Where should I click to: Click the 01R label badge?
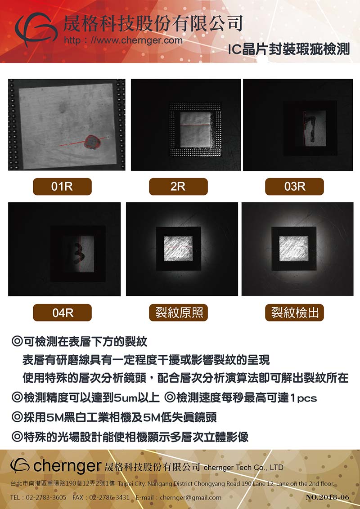(x=62, y=187)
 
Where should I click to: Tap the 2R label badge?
(x=178, y=187)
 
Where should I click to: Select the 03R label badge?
(x=294, y=187)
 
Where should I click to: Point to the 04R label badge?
(x=62, y=313)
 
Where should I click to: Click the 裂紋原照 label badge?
(x=178, y=313)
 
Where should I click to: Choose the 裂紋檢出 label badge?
(x=294, y=313)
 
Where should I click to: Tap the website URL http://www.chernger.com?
(x=123, y=40)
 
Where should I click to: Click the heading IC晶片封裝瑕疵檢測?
(x=288, y=49)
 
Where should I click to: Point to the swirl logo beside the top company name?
(x=36, y=29)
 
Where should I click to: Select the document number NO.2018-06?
(x=328, y=497)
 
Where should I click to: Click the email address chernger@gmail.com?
(x=190, y=497)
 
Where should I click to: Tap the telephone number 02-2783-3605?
(x=46, y=497)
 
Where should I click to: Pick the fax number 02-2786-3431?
(x=109, y=497)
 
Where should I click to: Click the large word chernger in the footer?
(x=67, y=466)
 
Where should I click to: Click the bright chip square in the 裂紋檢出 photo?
(x=294, y=248)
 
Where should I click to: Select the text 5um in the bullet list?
(x=128, y=397)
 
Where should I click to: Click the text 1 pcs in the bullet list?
(x=303, y=398)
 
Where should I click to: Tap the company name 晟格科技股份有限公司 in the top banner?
(x=153, y=23)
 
